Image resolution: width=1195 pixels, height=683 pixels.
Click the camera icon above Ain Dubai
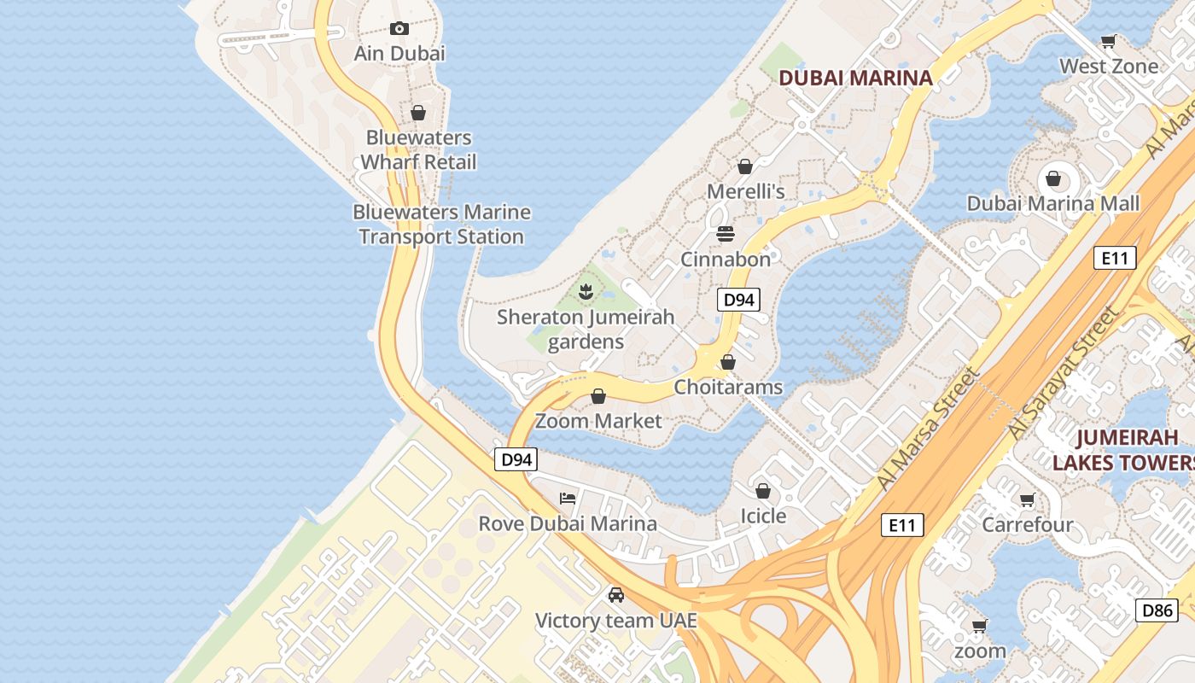(x=399, y=28)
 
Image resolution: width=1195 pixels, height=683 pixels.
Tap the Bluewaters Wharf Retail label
(x=418, y=149)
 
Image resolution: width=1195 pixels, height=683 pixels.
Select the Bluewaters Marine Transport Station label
(x=441, y=224)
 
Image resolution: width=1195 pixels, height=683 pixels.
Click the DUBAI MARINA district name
(x=855, y=78)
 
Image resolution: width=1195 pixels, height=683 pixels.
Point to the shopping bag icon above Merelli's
(x=745, y=166)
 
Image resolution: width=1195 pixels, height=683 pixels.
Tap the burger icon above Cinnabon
(x=726, y=233)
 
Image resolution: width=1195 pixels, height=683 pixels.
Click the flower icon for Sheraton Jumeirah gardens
(x=586, y=292)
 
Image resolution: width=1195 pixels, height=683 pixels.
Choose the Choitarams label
(x=728, y=387)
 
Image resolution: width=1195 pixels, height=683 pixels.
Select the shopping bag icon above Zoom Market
(x=598, y=396)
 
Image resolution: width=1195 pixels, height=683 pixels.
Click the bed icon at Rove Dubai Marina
(x=568, y=499)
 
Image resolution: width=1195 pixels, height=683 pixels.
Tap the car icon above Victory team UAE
(x=616, y=595)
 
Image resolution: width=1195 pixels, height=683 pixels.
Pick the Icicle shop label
(x=762, y=516)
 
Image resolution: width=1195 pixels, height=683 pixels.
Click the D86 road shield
(x=1157, y=610)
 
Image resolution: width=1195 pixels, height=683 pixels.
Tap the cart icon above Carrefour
(x=1027, y=499)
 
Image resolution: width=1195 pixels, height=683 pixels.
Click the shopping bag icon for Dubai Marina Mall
(x=1053, y=178)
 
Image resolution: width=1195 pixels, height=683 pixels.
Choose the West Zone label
(x=1109, y=66)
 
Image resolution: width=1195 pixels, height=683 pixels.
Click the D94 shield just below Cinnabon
(x=738, y=300)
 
